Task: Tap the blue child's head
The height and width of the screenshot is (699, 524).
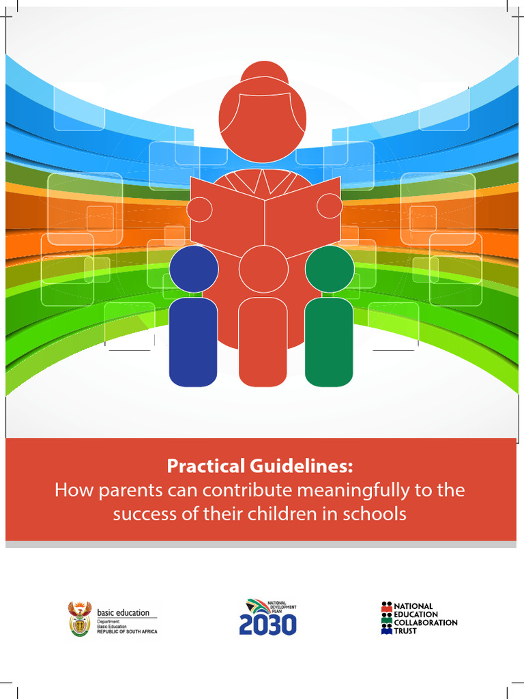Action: (194, 269)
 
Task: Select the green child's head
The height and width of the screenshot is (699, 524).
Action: (330, 269)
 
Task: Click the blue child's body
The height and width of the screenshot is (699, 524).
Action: (193, 341)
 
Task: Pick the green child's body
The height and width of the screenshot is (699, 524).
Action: (329, 341)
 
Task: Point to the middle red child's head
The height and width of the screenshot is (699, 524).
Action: (262, 269)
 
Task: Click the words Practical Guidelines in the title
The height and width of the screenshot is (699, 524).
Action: (261, 467)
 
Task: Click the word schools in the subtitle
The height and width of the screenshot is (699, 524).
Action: (377, 513)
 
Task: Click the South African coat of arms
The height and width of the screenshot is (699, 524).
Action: (80, 618)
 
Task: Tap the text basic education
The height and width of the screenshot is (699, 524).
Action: (123, 612)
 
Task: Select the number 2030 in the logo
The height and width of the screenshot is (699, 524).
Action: (267, 624)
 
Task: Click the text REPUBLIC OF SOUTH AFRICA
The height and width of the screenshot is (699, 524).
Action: (127, 631)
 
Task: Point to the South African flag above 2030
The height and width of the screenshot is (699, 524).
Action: (257, 605)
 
